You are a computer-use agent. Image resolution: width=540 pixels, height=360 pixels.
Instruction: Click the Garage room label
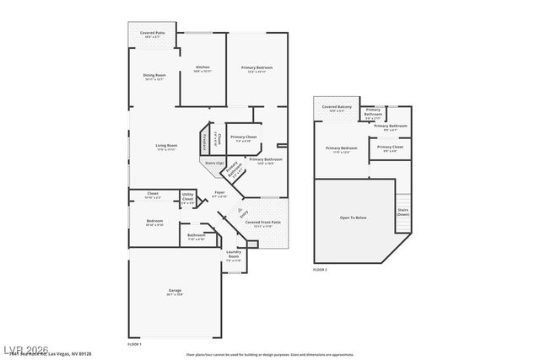pos(175,291)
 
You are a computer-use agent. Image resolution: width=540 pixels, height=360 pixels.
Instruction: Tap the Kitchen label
pos(202,67)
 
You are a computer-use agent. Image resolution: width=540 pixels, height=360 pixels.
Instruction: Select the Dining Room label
pos(154,76)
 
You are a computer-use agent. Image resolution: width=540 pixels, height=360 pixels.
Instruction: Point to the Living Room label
pos(165,147)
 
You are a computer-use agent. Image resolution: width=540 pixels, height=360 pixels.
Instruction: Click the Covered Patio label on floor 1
pos(153,35)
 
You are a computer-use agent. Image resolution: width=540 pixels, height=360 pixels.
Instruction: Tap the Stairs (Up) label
pos(215,163)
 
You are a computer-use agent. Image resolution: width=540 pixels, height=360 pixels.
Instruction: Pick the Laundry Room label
pos(234,256)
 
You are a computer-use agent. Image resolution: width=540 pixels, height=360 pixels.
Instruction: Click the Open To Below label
pos(353,217)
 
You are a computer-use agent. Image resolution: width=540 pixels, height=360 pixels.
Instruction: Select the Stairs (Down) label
pos(403,212)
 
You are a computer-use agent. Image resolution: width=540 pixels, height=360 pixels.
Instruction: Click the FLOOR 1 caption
pos(134,344)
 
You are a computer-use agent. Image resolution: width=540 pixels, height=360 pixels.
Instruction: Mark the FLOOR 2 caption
pos(320,270)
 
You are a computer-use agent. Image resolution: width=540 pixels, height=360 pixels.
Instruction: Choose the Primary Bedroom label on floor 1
pos(256,68)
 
